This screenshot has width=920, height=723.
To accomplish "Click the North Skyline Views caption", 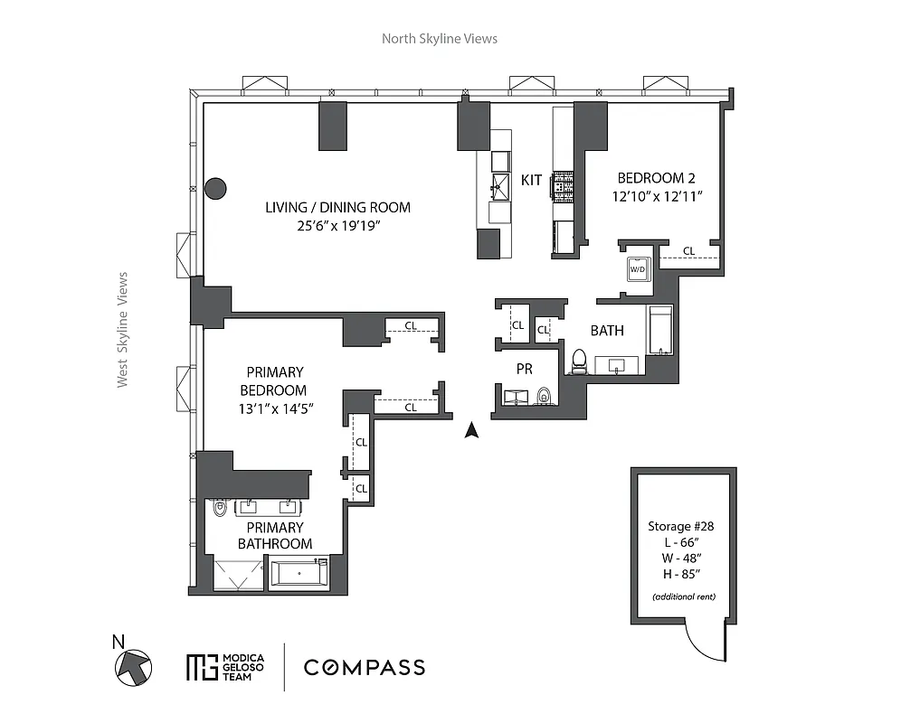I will pyautogui.click(x=439, y=38).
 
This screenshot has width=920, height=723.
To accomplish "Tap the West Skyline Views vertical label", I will pyautogui.click(x=122, y=330).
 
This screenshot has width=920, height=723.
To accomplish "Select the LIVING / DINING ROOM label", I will pyautogui.click(x=337, y=207).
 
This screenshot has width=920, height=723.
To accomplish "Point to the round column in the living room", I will pyautogui.click(x=215, y=188).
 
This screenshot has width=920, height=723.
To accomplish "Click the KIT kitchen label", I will pyautogui.click(x=532, y=180).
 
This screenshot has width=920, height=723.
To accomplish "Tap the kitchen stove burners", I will pyautogui.click(x=563, y=187).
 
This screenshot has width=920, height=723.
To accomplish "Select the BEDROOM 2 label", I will pyautogui.click(x=656, y=178).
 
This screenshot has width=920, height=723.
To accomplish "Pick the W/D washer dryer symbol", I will pyautogui.click(x=638, y=268).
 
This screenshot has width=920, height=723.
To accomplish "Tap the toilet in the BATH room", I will pyautogui.click(x=579, y=361).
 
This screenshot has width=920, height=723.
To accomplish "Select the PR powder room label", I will pyautogui.click(x=524, y=369).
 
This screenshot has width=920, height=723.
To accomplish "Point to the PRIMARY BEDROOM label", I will pyautogui.click(x=275, y=380).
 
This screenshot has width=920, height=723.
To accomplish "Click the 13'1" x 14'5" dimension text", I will pyautogui.click(x=275, y=408).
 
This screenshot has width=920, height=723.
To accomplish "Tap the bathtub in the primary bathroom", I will pyautogui.click(x=300, y=573).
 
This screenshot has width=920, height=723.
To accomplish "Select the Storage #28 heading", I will pyautogui.click(x=683, y=526).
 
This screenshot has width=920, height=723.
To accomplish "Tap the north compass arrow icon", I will pyautogui.click(x=133, y=668).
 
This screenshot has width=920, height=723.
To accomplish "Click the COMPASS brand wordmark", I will pyautogui.click(x=364, y=668).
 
